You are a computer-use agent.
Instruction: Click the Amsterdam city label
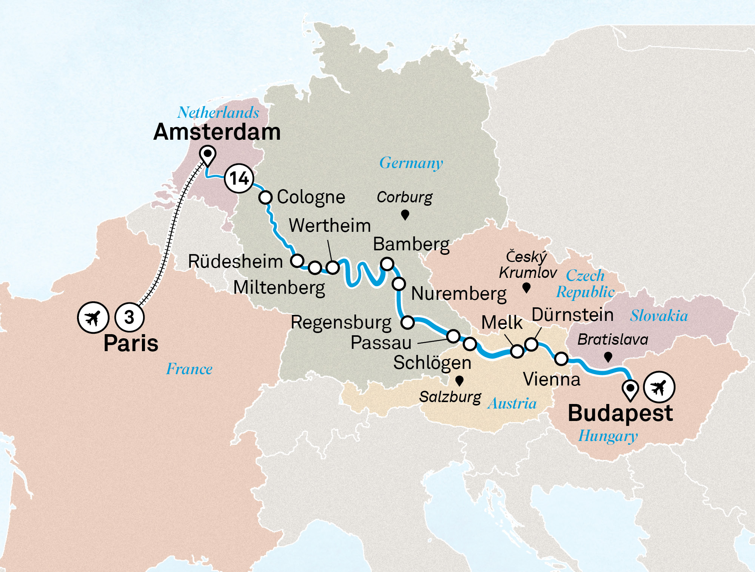pos(217,132)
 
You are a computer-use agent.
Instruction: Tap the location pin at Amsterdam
pos(208,155)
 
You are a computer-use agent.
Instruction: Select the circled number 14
pos(239,178)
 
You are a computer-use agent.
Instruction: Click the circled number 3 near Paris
pos(129,318)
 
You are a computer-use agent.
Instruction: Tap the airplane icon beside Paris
pos(93,318)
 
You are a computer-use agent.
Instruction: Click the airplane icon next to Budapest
pos(659,387)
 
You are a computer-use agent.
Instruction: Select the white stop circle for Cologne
pos(265,197)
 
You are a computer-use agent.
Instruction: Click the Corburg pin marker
pos(405,215)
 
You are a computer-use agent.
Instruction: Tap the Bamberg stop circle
pos(387,264)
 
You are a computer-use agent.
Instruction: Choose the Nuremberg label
pos(459,294)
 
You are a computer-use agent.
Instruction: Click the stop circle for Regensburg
pos(408,322)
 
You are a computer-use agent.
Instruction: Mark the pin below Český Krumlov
pos(526,288)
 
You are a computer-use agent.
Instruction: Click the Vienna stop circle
pos(561,358)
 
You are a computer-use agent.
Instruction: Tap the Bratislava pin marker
pos(608,356)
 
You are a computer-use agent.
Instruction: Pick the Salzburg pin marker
pos(459,381)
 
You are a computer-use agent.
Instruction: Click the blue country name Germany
pos(411,163)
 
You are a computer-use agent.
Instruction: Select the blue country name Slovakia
pos(659,316)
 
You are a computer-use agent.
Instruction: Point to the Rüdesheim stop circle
pos(297,261)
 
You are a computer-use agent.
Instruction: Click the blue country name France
pos(189,369)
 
